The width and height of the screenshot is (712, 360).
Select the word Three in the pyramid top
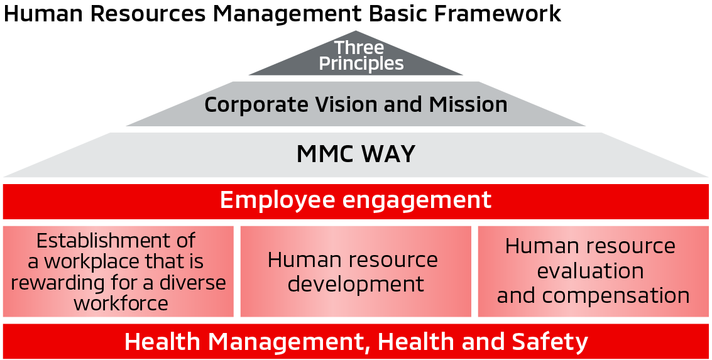(359, 47)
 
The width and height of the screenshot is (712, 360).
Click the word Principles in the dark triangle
(361, 63)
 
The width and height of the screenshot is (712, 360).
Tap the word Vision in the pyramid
(358, 104)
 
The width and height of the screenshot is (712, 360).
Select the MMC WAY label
(356, 154)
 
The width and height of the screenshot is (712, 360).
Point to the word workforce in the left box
(121, 303)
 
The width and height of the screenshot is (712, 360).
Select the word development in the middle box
(356, 284)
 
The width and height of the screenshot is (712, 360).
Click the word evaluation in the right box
(590, 271)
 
